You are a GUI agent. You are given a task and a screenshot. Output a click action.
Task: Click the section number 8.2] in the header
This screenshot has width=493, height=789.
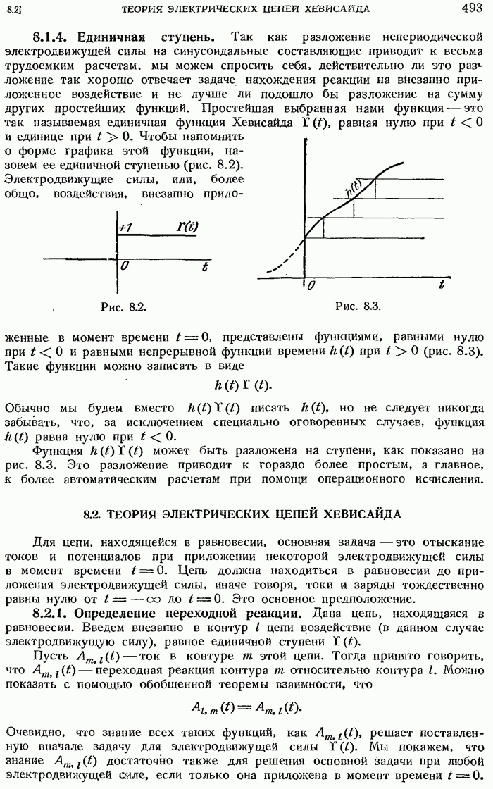coord(13,8)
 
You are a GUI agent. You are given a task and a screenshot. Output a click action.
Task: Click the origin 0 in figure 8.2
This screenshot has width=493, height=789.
coord(123,266)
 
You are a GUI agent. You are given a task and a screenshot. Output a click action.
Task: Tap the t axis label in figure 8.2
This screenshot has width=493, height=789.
coord(204,266)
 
